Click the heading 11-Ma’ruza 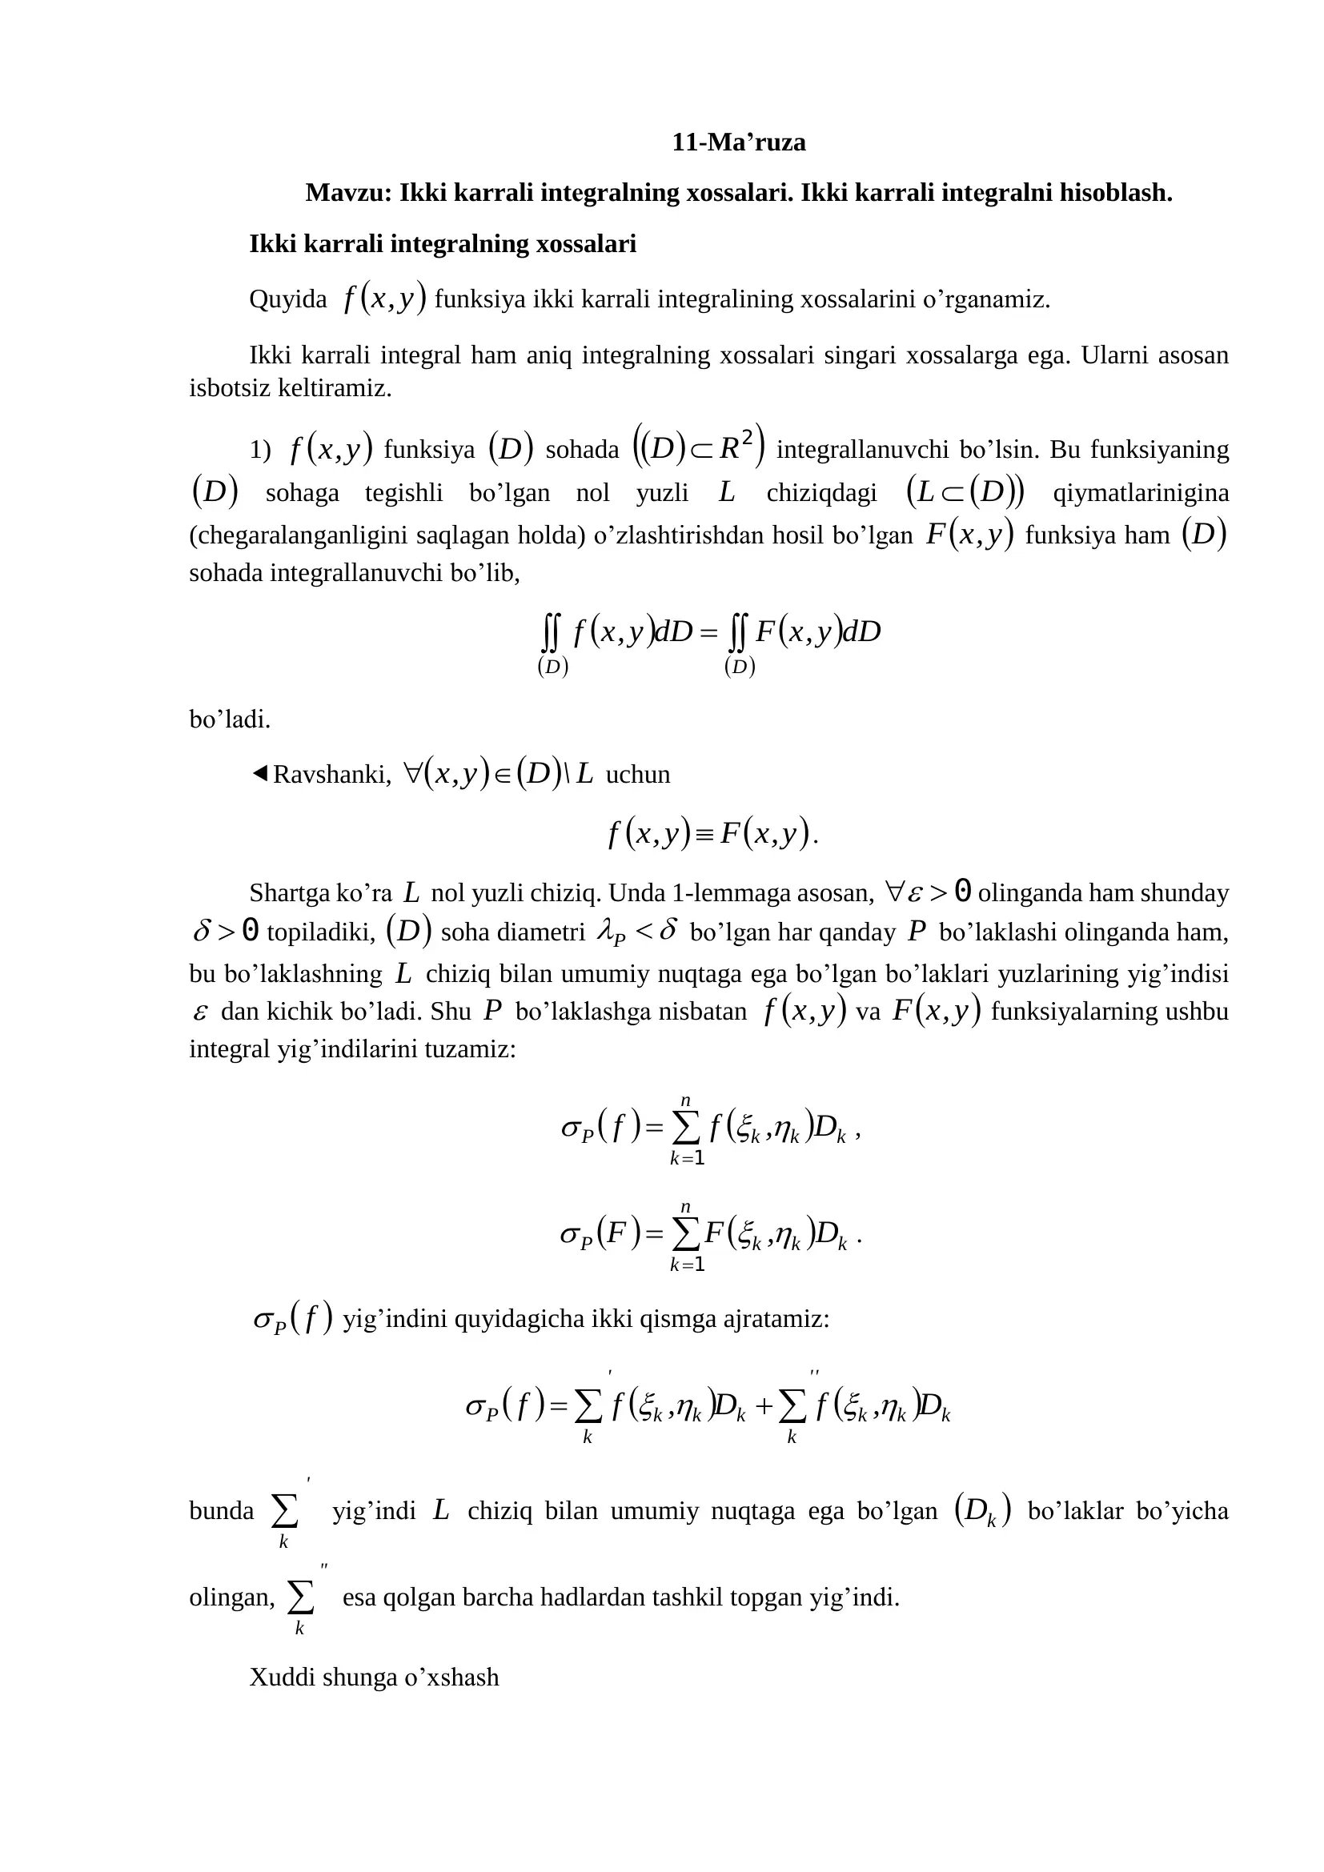738,142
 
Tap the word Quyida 288,300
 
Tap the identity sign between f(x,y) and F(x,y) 705,834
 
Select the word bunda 222,1511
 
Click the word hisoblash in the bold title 1115,193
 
